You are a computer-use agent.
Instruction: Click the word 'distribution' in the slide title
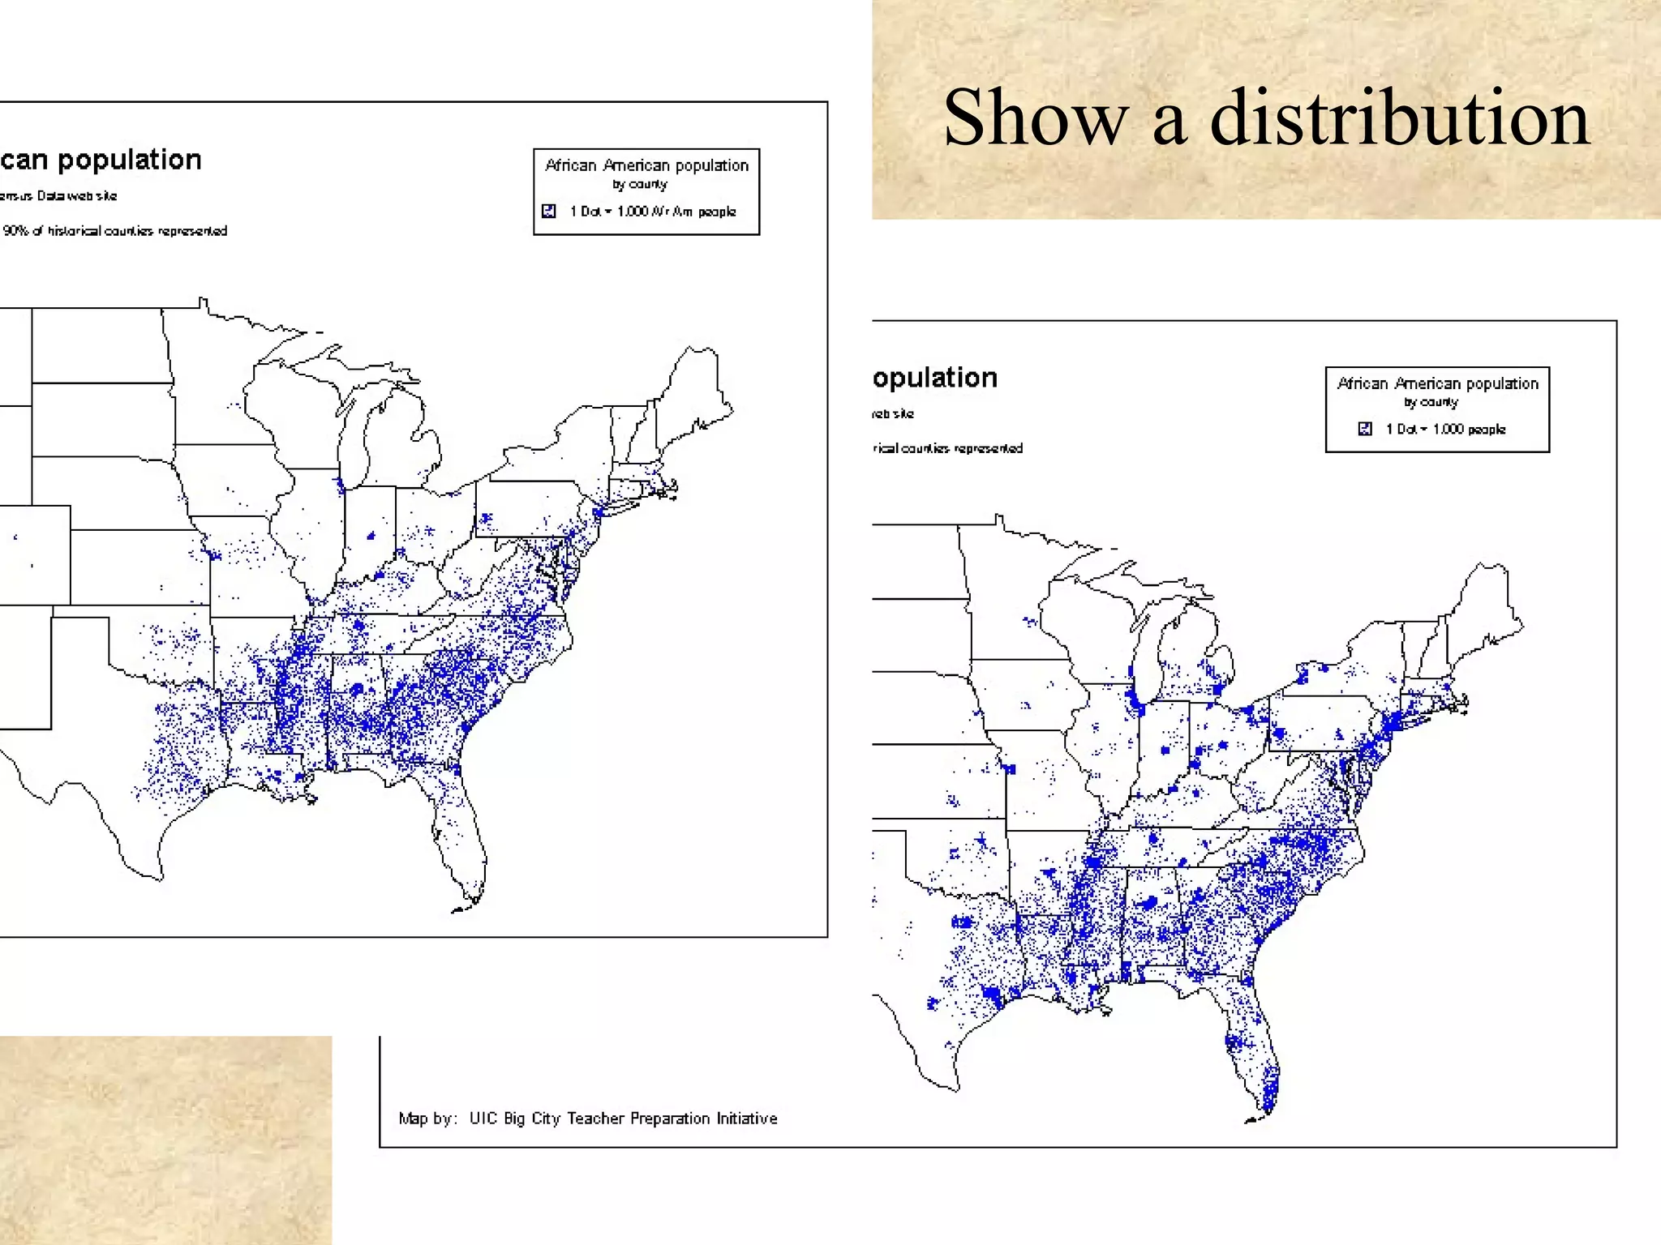(x=1399, y=118)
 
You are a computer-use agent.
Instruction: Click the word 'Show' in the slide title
(x=1035, y=118)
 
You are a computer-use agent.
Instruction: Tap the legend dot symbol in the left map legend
(x=549, y=211)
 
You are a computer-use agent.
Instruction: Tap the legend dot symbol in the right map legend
(x=1365, y=429)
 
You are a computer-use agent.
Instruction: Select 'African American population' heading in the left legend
(x=646, y=165)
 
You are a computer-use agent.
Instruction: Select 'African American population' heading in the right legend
(x=1437, y=383)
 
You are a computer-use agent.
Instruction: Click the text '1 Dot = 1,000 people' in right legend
(x=1445, y=429)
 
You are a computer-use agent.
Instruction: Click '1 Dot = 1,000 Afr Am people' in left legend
(x=653, y=212)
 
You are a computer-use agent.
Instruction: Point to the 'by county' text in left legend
(x=640, y=185)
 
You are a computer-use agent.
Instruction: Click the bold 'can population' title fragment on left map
(x=101, y=160)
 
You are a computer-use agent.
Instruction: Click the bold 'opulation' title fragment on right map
(x=935, y=378)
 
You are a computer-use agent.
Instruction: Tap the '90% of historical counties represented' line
(x=114, y=231)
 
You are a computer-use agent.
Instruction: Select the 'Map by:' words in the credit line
(x=427, y=1119)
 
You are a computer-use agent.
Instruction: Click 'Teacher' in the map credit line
(x=596, y=1119)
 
